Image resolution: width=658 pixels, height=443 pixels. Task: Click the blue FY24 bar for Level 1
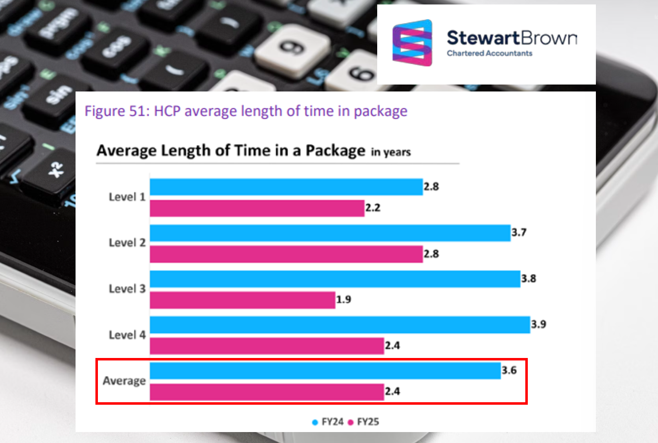coord(286,187)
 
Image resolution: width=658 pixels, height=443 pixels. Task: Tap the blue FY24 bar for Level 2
coord(329,233)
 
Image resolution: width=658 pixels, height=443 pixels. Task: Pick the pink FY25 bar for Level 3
coord(242,300)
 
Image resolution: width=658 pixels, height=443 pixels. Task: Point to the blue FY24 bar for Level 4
coord(339,325)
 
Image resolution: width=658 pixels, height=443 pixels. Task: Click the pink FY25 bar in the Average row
coord(266,392)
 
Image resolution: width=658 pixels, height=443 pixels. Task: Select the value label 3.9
coord(539,325)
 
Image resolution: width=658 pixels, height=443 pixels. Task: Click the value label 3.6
coord(509,370)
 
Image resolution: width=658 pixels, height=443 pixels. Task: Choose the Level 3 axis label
coord(127,289)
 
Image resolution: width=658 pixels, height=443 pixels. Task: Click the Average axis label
coord(124,381)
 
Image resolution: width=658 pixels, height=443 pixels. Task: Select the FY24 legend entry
coord(328,422)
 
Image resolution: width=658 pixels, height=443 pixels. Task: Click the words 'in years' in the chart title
coord(391,153)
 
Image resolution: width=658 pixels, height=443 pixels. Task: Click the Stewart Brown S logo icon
coord(412,43)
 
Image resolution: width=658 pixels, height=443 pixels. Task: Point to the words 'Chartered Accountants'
coord(490,53)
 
